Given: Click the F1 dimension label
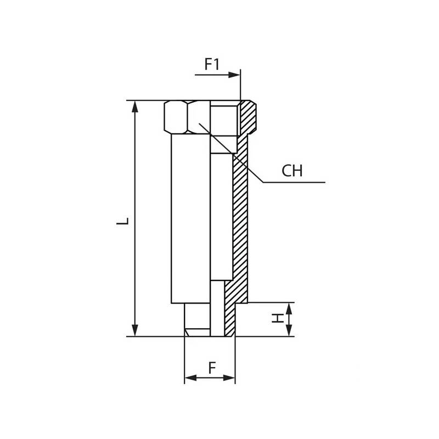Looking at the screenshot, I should (212, 64).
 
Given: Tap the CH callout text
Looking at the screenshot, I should (292, 171).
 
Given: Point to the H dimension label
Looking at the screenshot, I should (279, 319).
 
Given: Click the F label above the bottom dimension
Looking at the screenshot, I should (212, 368).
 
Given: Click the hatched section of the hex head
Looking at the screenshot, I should (248, 117).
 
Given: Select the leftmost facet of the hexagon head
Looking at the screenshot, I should (176, 116).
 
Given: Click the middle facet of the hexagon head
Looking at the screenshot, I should (198, 116).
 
